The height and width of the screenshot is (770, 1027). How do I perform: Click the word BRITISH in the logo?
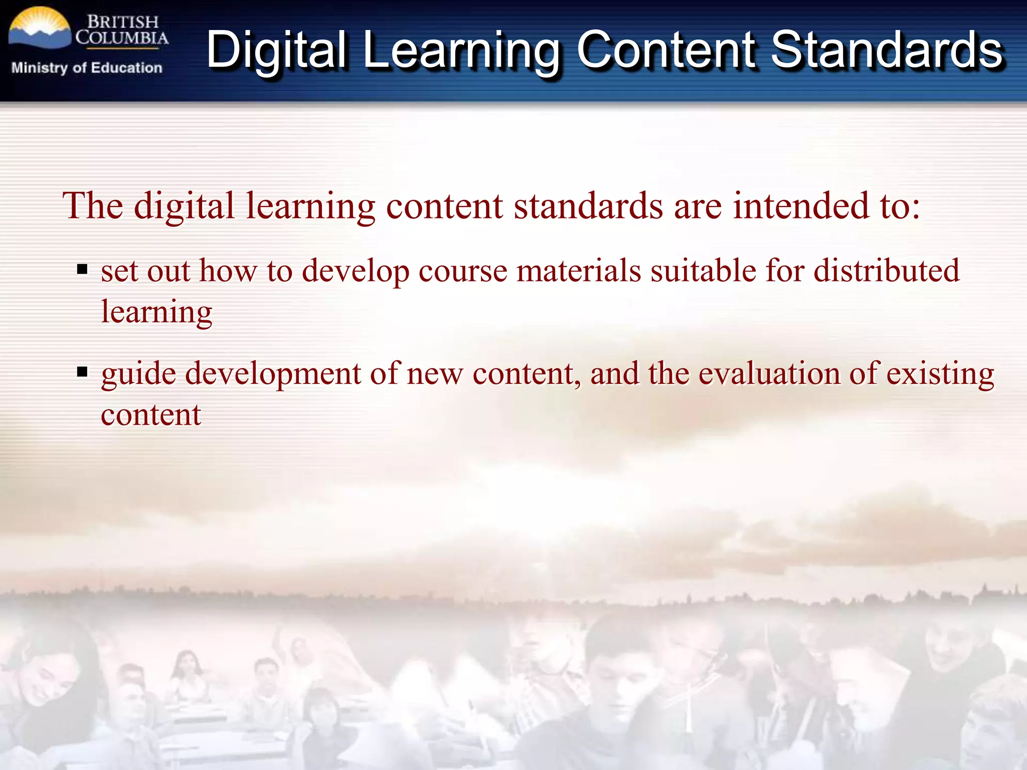tap(123, 22)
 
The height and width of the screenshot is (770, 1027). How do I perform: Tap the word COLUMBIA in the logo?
tap(122, 38)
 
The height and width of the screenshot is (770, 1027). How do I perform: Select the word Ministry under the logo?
tap(39, 68)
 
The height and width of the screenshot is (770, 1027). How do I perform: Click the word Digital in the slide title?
tap(276, 50)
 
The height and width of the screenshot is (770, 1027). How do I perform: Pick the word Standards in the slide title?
tap(887, 50)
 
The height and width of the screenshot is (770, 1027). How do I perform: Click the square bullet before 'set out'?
tap(82, 270)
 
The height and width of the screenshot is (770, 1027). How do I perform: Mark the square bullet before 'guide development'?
tap(82, 372)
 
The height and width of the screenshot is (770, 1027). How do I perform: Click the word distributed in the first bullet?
tap(886, 271)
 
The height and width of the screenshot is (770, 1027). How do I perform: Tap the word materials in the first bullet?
tap(579, 271)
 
